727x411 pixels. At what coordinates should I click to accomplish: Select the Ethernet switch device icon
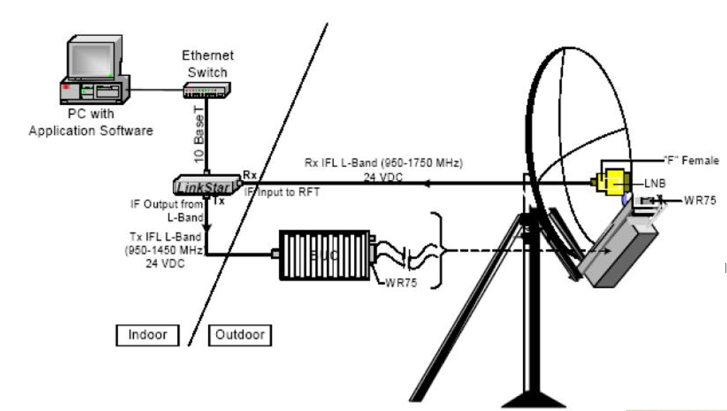click(x=206, y=90)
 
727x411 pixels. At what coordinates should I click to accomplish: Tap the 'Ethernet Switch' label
click(x=207, y=63)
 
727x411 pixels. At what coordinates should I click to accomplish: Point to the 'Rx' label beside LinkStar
click(x=250, y=174)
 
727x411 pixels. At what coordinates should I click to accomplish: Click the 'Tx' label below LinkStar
click(x=219, y=201)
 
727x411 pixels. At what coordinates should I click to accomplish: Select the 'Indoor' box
click(x=147, y=334)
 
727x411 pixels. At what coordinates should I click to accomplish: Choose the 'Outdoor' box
click(x=240, y=334)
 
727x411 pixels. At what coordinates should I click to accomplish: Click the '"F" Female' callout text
click(x=691, y=161)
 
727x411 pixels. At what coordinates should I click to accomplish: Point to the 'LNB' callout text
click(x=654, y=184)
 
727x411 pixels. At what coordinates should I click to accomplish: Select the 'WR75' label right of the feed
click(x=699, y=201)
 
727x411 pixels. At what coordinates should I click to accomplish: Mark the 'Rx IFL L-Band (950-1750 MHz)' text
click(x=383, y=164)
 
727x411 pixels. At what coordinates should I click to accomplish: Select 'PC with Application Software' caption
click(x=91, y=122)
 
